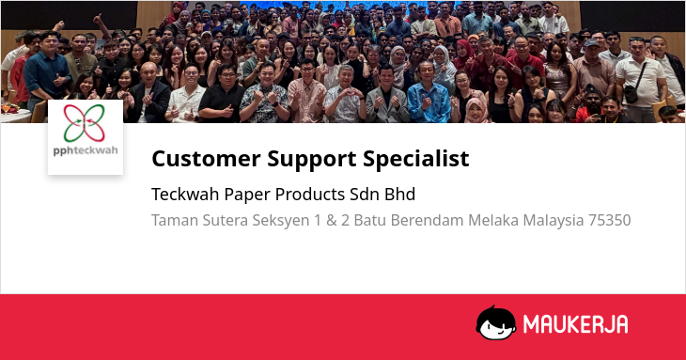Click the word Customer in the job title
coord(206,158)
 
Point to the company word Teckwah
coord(185,195)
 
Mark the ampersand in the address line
coord(331,220)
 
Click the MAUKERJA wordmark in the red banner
coord(575,324)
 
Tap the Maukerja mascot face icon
coord(495,322)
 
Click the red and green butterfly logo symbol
coord(85,123)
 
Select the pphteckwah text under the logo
coord(86,150)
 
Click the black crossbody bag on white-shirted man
coord(631,93)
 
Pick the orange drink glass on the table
coord(7,107)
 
